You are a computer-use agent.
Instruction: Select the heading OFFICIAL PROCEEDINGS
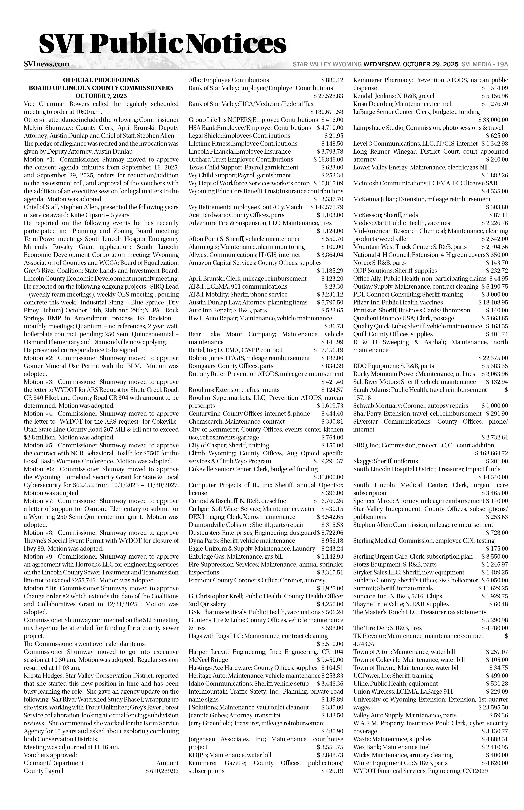pyautogui.click(x=101, y=80)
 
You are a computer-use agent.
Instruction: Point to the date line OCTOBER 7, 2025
pyautogui.click(x=101, y=96)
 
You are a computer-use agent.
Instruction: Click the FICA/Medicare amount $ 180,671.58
pyautogui.click(x=327, y=112)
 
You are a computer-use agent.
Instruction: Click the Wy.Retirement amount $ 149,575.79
pyautogui.click(x=327, y=207)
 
